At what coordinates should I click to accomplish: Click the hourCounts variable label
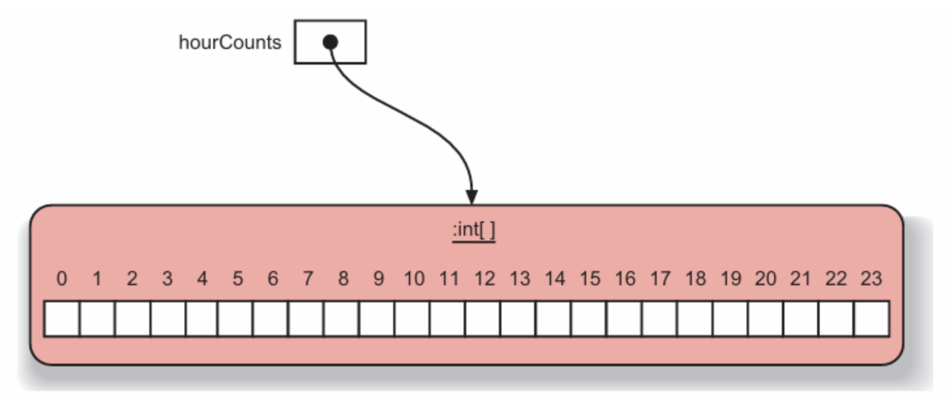(x=230, y=43)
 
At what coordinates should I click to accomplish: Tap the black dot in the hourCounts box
(x=331, y=42)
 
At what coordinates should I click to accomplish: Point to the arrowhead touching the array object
(x=472, y=197)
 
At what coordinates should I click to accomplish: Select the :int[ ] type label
(x=474, y=230)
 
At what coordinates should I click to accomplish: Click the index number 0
(x=62, y=279)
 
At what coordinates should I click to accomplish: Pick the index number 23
(x=871, y=279)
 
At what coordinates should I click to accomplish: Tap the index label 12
(x=484, y=279)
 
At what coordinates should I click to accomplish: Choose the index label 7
(x=308, y=279)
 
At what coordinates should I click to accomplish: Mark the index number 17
(x=660, y=279)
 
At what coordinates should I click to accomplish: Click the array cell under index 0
(x=62, y=319)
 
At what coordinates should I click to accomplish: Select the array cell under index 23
(x=871, y=319)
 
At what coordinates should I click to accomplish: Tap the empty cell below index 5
(x=235, y=319)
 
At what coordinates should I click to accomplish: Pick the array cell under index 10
(x=412, y=319)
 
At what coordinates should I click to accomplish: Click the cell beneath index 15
(x=589, y=319)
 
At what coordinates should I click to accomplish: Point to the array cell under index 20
(x=766, y=319)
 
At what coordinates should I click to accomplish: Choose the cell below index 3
(x=168, y=319)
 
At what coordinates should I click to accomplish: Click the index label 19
(x=730, y=279)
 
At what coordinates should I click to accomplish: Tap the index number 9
(x=378, y=279)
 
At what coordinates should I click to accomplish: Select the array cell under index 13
(x=518, y=319)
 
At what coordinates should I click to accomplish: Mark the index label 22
(x=836, y=279)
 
